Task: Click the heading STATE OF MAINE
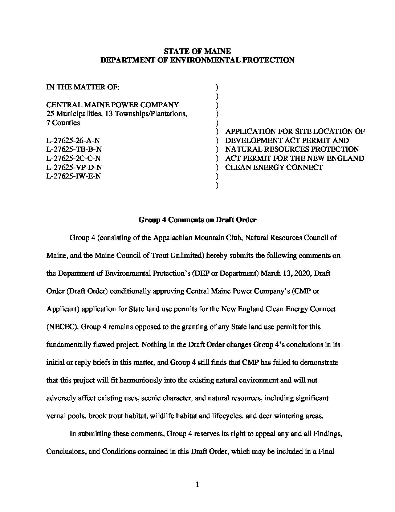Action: [197, 51]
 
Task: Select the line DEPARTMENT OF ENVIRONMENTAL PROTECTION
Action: [197, 60]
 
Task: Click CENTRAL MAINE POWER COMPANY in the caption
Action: [113, 105]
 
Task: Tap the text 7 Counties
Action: [63, 123]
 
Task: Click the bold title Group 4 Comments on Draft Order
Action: [197, 220]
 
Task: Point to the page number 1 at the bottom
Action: [197, 484]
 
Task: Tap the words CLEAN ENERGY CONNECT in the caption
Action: [274, 167]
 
